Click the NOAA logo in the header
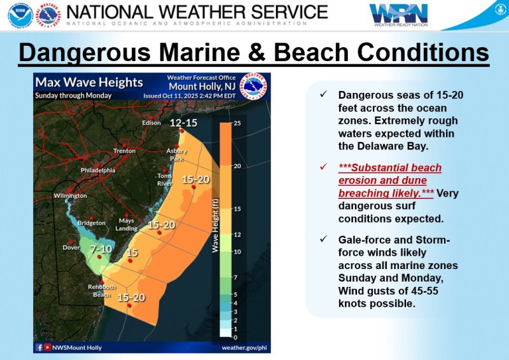tap(20, 15)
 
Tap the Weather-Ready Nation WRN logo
tap(399, 14)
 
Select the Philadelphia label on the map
tap(98, 170)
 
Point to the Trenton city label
tap(125, 151)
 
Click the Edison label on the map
tap(151, 123)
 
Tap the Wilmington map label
tap(70, 196)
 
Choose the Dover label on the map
tap(71, 247)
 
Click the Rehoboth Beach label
tap(102, 291)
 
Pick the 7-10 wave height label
tap(101, 248)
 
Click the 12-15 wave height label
tap(184, 123)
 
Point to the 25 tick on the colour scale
tap(237, 123)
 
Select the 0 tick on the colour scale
tap(236, 337)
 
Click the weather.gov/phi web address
tap(244, 348)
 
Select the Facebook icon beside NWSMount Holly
tap(39, 348)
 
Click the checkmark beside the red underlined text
tap(323, 168)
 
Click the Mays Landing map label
tap(127, 225)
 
